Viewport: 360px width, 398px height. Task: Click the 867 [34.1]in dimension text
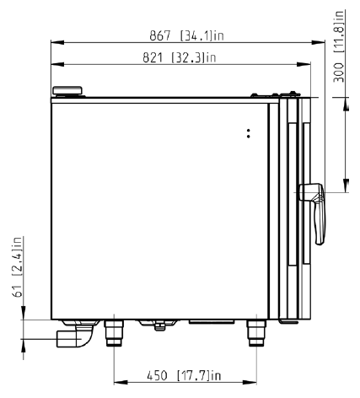(186, 36)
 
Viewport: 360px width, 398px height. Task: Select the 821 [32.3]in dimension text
(180, 57)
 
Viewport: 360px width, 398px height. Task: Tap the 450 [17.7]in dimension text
(184, 375)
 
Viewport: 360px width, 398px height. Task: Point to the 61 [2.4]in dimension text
(18, 266)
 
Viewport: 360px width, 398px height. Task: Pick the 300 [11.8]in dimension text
(339, 46)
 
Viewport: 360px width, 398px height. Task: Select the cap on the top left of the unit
(67, 91)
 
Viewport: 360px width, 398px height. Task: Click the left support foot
(114, 333)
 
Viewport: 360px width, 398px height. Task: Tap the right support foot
(256, 333)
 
